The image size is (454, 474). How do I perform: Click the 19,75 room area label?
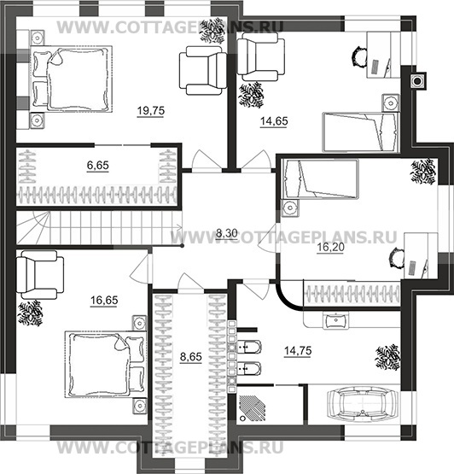tap(151, 111)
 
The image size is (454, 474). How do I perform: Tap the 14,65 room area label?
tap(274, 121)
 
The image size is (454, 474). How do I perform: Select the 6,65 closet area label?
tap(97, 166)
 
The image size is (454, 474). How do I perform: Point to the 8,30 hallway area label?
tap(227, 233)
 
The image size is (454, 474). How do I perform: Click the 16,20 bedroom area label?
tap(330, 248)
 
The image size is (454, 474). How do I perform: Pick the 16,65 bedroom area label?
tap(104, 300)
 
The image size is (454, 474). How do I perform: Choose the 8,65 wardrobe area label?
tap(190, 357)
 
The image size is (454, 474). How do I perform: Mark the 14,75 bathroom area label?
tap(298, 351)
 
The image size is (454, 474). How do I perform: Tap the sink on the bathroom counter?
tap(335, 319)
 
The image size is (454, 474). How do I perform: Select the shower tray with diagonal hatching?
tap(253, 408)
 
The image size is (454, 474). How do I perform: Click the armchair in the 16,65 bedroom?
tap(40, 275)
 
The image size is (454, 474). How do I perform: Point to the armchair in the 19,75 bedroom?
tap(203, 71)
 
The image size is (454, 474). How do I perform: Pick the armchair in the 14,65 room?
tap(261, 57)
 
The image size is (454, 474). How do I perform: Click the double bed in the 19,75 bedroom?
tap(72, 79)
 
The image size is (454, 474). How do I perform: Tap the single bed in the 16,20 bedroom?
tap(320, 179)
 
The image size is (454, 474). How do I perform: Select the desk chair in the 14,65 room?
tap(359, 56)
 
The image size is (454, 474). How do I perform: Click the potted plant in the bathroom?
tap(387, 357)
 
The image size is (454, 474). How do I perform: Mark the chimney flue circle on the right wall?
tap(417, 81)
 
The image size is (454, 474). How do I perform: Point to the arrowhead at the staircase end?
tap(179, 227)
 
